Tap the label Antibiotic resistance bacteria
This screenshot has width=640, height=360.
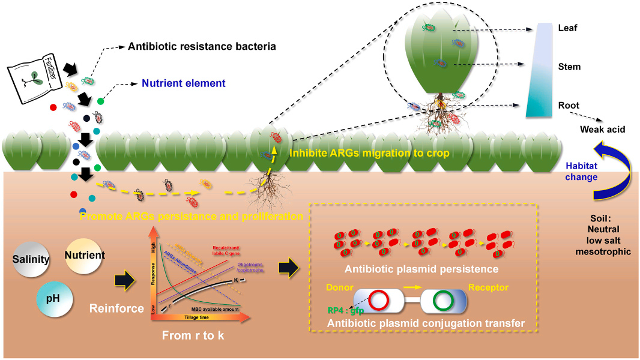click(202, 46)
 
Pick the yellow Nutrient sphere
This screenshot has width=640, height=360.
click(84, 255)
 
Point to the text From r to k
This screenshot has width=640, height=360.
click(193, 335)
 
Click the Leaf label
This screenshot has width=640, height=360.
click(567, 28)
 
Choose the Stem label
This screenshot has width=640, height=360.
click(569, 67)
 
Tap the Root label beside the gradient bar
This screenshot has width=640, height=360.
click(569, 105)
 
